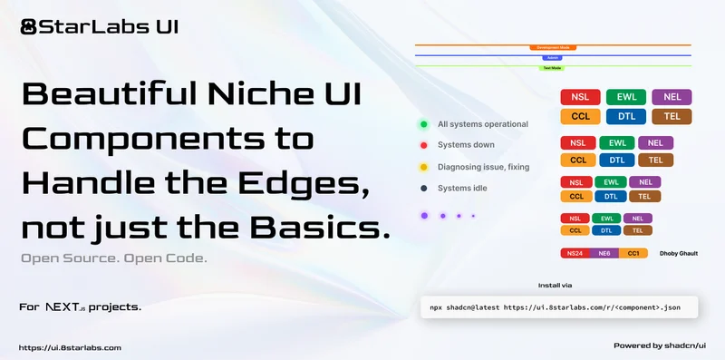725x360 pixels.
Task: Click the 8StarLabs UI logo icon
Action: click(x=28, y=25)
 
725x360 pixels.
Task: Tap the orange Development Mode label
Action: click(x=553, y=46)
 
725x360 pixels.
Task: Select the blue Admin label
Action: click(x=553, y=57)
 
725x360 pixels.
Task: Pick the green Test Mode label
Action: click(x=553, y=68)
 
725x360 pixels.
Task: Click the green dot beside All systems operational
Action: click(x=423, y=124)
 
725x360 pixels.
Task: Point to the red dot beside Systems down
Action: click(x=423, y=145)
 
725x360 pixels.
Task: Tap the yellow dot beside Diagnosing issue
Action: click(x=423, y=167)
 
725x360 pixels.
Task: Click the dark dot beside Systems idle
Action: click(x=423, y=189)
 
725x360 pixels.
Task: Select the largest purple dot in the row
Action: click(x=423, y=216)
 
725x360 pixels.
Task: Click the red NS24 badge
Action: click(x=575, y=253)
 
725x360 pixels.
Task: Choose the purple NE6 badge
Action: click(x=604, y=253)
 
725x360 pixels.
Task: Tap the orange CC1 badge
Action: click(x=633, y=253)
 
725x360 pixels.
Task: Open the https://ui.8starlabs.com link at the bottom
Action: click(x=70, y=347)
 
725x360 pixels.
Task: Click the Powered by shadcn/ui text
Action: click(x=664, y=345)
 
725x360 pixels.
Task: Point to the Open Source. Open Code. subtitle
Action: click(x=114, y=258)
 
